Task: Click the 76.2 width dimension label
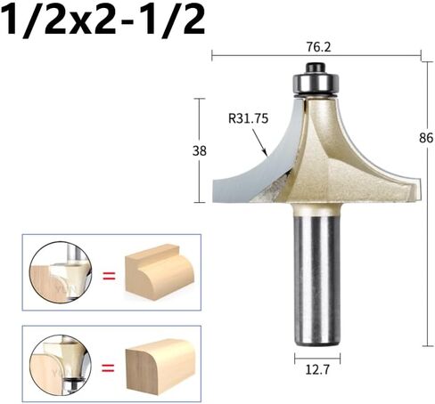(x=318, y=47)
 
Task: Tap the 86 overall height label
(x=426, y=138)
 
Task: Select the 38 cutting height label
(x=200, y=151)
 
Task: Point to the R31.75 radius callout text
(x=248, y=118)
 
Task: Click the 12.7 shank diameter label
(x=317, y=369)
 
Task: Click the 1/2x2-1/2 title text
(x=103, y=20)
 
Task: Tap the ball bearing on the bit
(x=316, y=83)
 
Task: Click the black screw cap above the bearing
(x=316, y=67)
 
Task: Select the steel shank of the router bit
(x=317, y=280)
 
